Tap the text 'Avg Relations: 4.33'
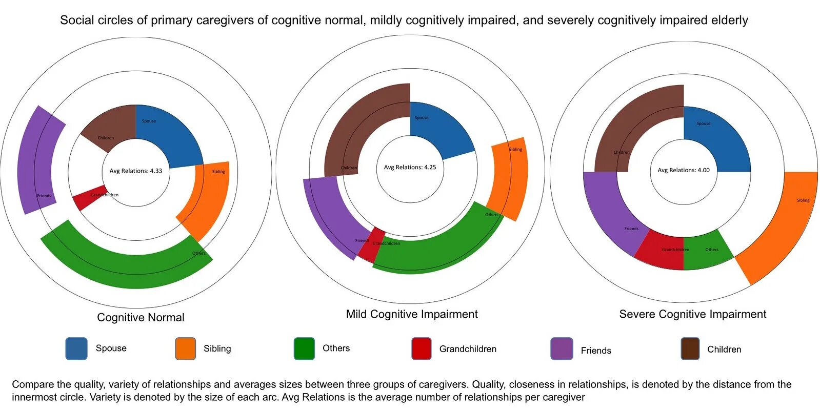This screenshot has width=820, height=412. (135, 171)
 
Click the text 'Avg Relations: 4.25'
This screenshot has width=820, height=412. (410, 168)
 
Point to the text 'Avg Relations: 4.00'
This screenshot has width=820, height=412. (684, 170)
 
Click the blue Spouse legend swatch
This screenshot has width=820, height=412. (76, 348)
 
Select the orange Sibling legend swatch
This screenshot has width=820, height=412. (185, 348)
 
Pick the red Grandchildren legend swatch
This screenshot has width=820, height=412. (421, 348)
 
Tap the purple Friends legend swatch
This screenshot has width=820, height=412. (562, 348)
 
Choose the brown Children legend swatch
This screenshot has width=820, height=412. (690, 348)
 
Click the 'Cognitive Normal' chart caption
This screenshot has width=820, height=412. (141, 318)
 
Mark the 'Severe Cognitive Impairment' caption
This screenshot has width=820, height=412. (692, 314)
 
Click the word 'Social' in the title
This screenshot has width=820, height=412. (77, 20)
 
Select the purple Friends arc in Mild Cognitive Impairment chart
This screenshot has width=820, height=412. (328, 215)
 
